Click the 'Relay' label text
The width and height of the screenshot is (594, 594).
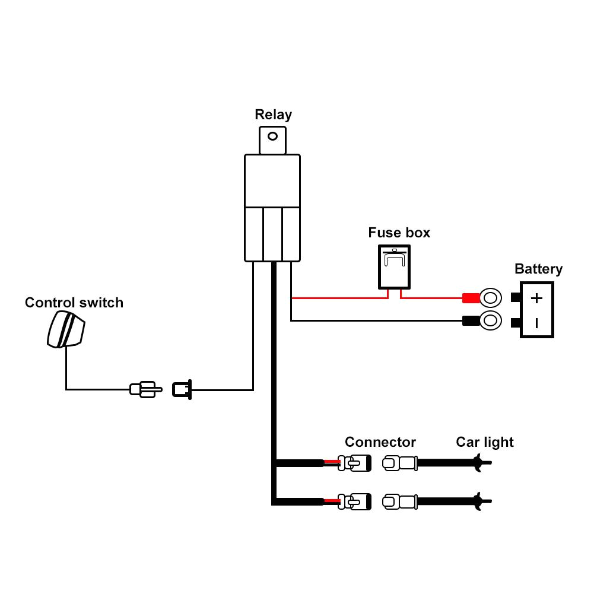pos(273,115)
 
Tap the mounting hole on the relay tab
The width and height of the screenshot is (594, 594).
pos(272,136)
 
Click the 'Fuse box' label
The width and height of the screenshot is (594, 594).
pos(399,232)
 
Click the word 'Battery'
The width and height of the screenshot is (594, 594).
pos(538,269)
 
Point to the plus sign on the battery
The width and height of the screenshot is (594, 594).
pos(536,298)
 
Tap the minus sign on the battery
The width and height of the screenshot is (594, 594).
pos(536,323)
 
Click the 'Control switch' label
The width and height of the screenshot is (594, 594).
pos(74,303)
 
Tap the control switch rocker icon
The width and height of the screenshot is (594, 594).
pos(65,329)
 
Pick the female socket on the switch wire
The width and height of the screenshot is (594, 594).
pos(182,389)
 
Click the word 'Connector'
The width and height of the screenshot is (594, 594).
pos(380,442)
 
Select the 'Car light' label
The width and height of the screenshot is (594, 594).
pos(484,442)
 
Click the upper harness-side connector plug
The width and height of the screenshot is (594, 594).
pos(354,463)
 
